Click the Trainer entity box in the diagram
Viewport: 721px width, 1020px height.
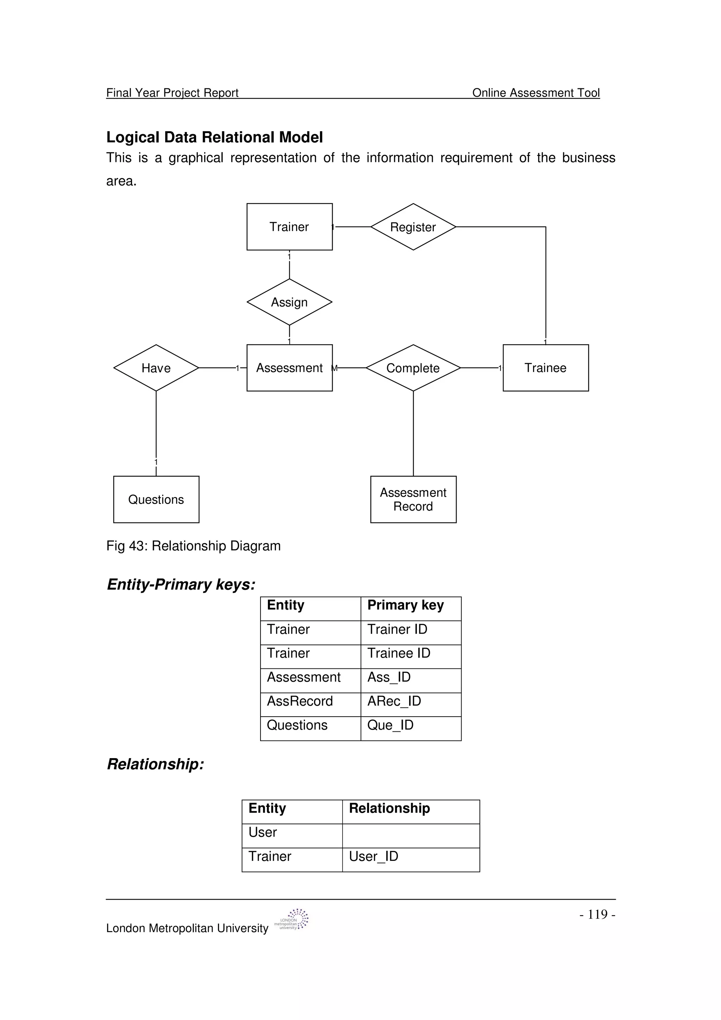click(x=289, y=227)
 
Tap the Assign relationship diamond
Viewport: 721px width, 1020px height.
click(x=289, y=302)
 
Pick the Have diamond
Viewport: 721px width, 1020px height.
click(x=156, y=368)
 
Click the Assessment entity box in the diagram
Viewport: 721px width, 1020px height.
click(x=289, y=368)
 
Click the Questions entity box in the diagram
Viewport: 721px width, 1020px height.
click(x=156, y=499)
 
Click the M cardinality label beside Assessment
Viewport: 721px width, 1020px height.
click(x=335, y=368)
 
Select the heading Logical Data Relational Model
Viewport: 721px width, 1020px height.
click(x=214, y=137)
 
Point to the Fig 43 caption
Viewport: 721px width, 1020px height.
click(x=193, y=546)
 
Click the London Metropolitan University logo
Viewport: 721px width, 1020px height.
click(x=292, y=920)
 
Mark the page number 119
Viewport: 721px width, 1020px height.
click(x=597, y=914)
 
